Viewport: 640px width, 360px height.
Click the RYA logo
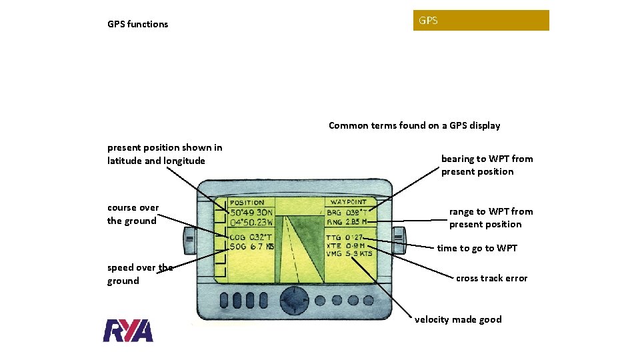[128, 331]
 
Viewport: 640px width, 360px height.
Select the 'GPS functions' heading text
[138, 24]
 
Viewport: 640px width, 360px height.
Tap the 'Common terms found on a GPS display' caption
[414, 125]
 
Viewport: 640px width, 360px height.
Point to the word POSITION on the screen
[247, 203]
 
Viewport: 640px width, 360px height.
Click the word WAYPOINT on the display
[348, 202]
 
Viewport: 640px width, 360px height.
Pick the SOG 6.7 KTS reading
[251, 247]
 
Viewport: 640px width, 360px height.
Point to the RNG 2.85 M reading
[347, 222]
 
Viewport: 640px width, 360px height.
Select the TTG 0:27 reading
[345, 237]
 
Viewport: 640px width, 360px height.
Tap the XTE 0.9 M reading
[345, 245]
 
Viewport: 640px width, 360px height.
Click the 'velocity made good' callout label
[458, 319]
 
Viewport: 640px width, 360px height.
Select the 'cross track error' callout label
[491, 278]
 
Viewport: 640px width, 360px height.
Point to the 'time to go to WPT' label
[477, 248]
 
